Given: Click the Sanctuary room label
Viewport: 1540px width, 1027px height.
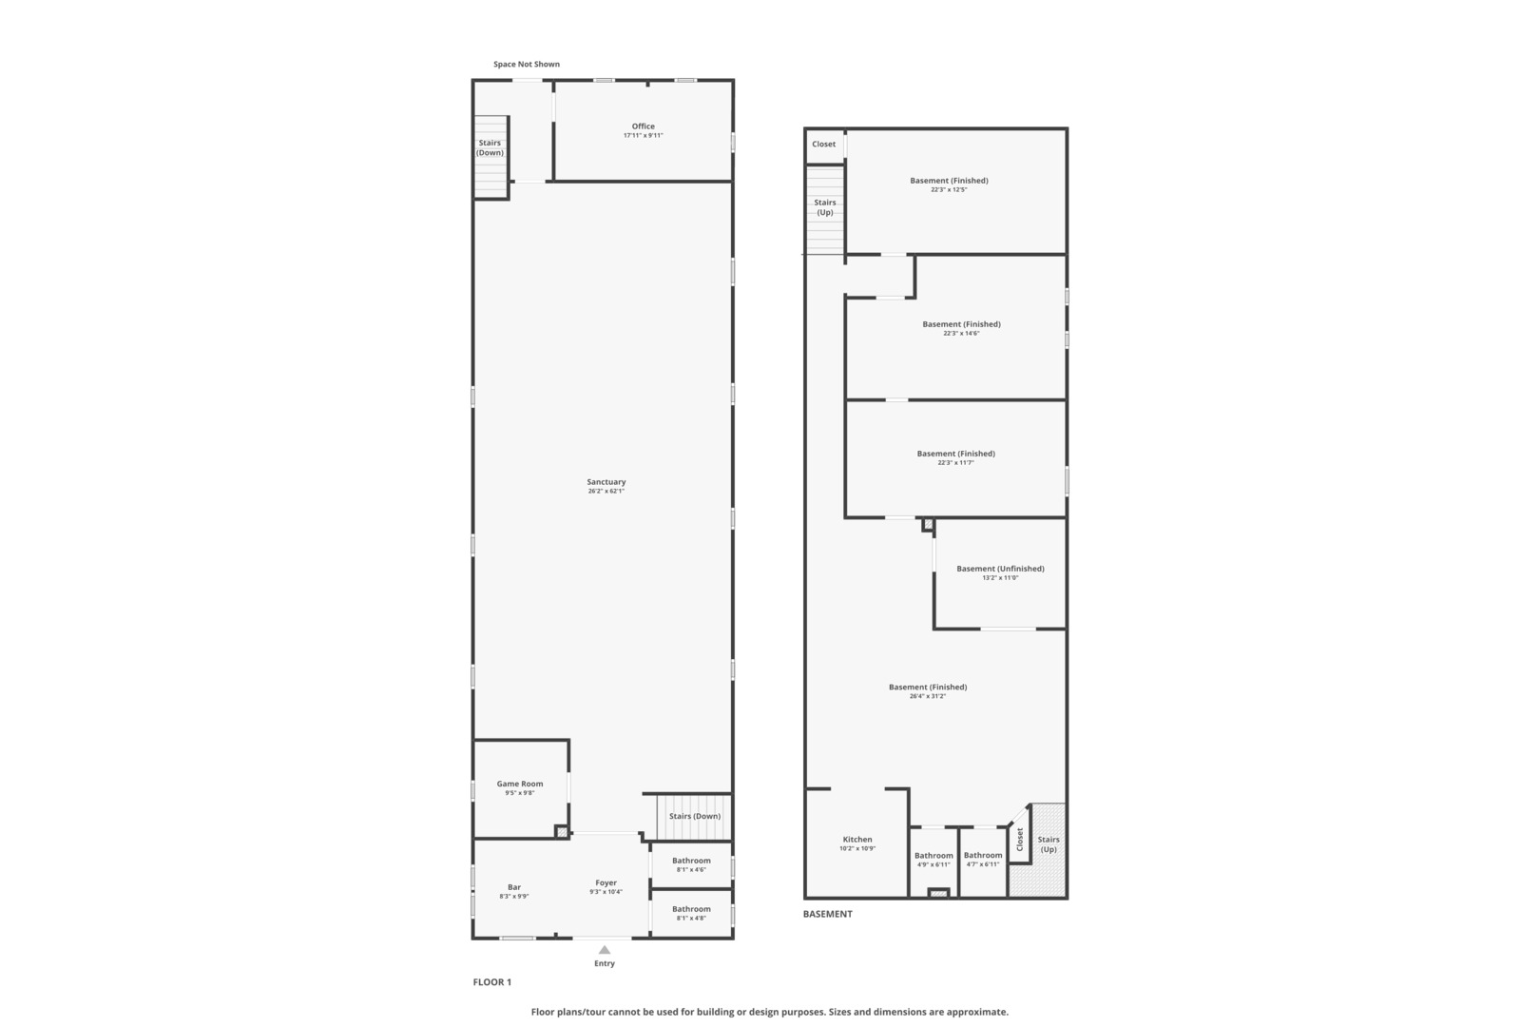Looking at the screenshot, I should pyautogui.click(x=606, y=482).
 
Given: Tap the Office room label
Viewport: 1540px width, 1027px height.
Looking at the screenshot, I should pyautogui.click(x=643, y=126).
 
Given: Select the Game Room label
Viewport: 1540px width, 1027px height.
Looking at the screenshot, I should pyautogui.click(x=520, y=785).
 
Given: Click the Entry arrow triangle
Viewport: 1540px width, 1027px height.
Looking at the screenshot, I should pyautogui.click(x=605, y=949).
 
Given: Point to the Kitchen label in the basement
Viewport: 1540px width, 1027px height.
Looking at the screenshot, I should pyautogui.click(x=857, y=840).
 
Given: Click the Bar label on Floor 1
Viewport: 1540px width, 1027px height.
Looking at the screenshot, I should pyautogui.click(x=514, y=887).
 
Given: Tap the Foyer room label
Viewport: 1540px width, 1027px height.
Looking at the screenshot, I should pyautogui.click(x=606, y=882).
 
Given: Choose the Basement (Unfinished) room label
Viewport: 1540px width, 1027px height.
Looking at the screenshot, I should pyautogui.click(x=1000, y=569).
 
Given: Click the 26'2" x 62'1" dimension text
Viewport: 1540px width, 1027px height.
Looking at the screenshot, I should pyautogui.click(x=606, y=492).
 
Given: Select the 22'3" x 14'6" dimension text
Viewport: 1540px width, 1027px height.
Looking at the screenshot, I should pyautogui.click(x=961, y=334).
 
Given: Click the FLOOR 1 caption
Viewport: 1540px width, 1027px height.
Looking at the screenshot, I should pyautogui.click(x=492, y=982).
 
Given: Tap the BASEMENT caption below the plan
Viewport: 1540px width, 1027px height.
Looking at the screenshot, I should pyautogui.click(x=828, y=914).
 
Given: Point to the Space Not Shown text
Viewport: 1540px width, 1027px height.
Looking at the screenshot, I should pyautogui.click(x=527, y=65).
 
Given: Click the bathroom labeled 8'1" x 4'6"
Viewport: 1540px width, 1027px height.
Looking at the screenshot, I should pyautogui.click(x=691, y=864).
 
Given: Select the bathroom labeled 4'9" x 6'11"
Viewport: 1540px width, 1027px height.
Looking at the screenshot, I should pyautogui.click(x=934, y=860).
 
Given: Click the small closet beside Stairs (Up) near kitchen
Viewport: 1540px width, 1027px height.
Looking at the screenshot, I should pyautogui.click(x=1020, y=839).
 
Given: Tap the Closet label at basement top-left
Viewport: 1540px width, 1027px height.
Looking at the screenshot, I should pyautogui.click(x=824, y=145).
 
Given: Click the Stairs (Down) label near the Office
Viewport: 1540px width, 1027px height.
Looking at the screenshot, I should pyautogui.click(x=491, y=147).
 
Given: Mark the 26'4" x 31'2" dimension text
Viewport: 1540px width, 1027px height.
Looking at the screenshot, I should pyautogui.click(x=928, y=696).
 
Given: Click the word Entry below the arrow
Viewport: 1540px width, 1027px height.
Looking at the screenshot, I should pyautogui.click(x=605, y=963).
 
